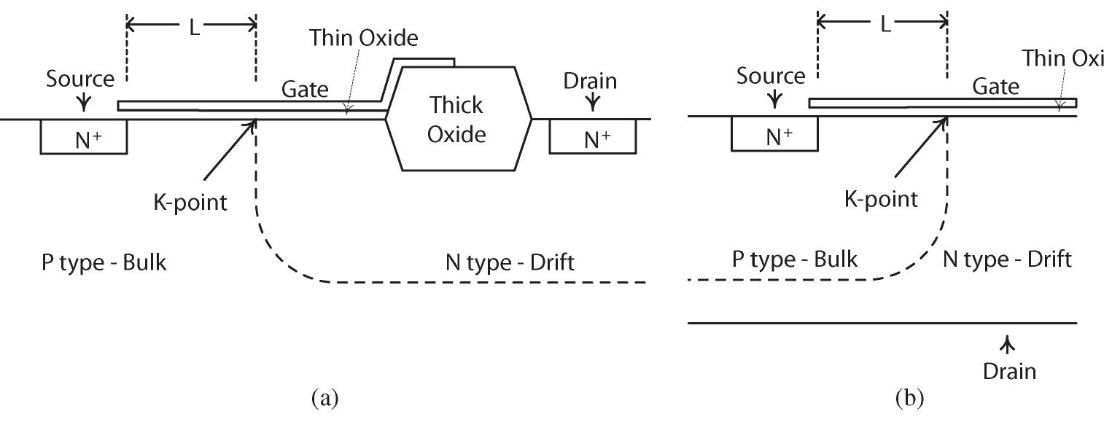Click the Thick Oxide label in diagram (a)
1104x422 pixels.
pyautogui.click(x=455, y=120)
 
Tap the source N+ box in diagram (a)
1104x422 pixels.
pyautogui.click(x=83, y=137)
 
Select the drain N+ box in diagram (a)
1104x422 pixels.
pyautogui.click(x=592, y=137)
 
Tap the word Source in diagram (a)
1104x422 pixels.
pyautogui.click(x=80, y=79)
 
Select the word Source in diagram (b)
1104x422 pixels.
pyautogui.click(x=771, y=75)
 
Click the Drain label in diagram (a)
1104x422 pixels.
pyautogui.click(x=590, y=81)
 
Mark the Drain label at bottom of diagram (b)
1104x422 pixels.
pyautogui.click(x=1009, y=371)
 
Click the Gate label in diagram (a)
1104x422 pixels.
pyautogui.click(x=305, y=89)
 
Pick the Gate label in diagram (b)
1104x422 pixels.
pyautogui.click(x=996, y=87)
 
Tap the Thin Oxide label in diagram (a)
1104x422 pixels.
pyautogui.click(x=363, y=38)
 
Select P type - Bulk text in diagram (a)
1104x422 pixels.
pyautogui.click(x=104, y=262)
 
